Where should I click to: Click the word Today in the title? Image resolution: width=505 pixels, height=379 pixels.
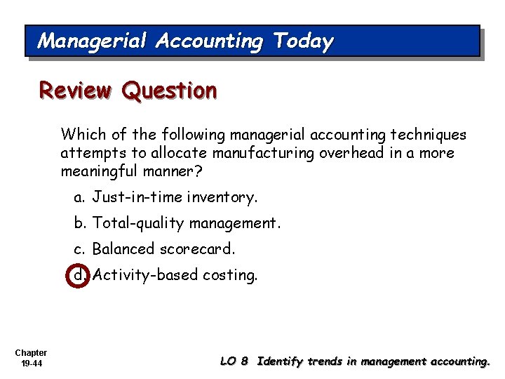pyautogui.click(x=304, y=41)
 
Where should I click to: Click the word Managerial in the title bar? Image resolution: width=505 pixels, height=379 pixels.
pyautogui.click(x=91, y=41)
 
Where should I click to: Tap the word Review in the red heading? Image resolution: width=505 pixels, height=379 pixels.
pyautogui.click(x=76, y=91)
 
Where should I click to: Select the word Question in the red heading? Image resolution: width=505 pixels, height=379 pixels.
pyautogui.click(x=169, y=91)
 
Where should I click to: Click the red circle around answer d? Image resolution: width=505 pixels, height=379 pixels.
pyautogui.click(x=81, y=275)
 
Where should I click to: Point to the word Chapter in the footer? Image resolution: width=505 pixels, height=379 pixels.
pyautogui.click(x=30, y=352)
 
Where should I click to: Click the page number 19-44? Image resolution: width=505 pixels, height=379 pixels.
pyautogui.click(x=30, y=363)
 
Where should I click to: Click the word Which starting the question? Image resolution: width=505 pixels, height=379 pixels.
pyautogui.click(x=80, y=134)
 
